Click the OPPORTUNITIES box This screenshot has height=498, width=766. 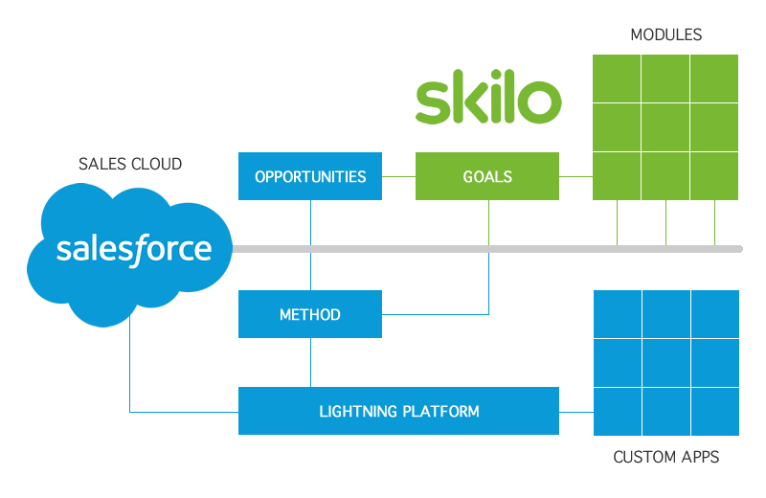click(x=309, y=176)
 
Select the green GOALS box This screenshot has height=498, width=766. click(x=486, y=176)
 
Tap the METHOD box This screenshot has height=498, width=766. click(x=309, y=314)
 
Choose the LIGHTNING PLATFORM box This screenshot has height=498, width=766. click(x=398, y=411)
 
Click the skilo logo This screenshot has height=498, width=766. click(x=487, y=102)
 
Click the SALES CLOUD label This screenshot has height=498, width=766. click(x=130, y=165)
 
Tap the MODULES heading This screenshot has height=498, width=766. click(x=665, y=35)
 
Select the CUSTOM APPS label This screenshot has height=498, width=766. click(x=665, y=458)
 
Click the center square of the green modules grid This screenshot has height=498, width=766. click(x=665, y=127)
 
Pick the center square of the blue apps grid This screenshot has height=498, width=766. click(x=666, y=363)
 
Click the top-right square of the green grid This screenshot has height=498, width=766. click(x=714, y=79)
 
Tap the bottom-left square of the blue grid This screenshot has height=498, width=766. click(x=618, y=412)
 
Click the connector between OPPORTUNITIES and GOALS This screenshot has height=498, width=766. click(x=398, y=176)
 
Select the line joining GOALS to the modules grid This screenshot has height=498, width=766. click(x=575, y=176)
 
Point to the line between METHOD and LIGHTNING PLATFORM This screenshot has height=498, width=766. click(x=310, y=362)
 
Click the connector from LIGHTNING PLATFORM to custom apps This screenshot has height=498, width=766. click(x=576, y=412)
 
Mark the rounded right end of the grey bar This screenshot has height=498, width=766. click(x=739, y=249)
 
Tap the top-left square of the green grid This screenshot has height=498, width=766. click(x=618, y=79)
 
